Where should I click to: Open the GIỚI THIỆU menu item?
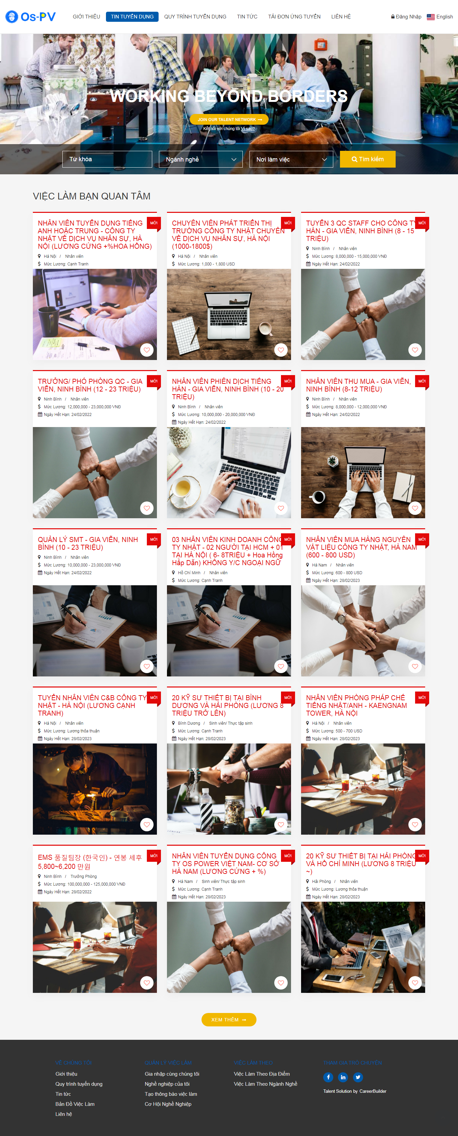pyautogui.click(x=87, y=17)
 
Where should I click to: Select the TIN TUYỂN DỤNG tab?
pyautogui.click(x=132, y=17)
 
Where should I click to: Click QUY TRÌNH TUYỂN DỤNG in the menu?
pyautogui.click(x=195, y=17)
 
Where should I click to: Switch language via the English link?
pyautogui.click(x=440, y=17)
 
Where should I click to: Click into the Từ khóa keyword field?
pyautogui.click(x=107, y=159)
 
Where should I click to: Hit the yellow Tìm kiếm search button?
pyautogui.click(x=367, y=159)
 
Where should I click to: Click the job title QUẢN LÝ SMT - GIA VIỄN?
pyautogui.click(x=88, y=543)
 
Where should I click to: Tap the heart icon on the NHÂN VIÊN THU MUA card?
pyautogui.click(x=415, y=508)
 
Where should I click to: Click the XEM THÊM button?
pyautogui.click(x=229, y=1020)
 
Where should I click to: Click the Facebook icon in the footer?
pyautogui.click(x=328, y=1077)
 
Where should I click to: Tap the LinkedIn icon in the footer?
pyautogui.click(x=343, y=1077)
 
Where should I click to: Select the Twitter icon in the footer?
pyautogui.click(x=358, y=1077)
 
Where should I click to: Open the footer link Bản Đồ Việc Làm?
pyautogui.click(x=75, y=1104)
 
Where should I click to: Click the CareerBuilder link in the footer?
pyautogui.click(x=373, y=1091)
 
